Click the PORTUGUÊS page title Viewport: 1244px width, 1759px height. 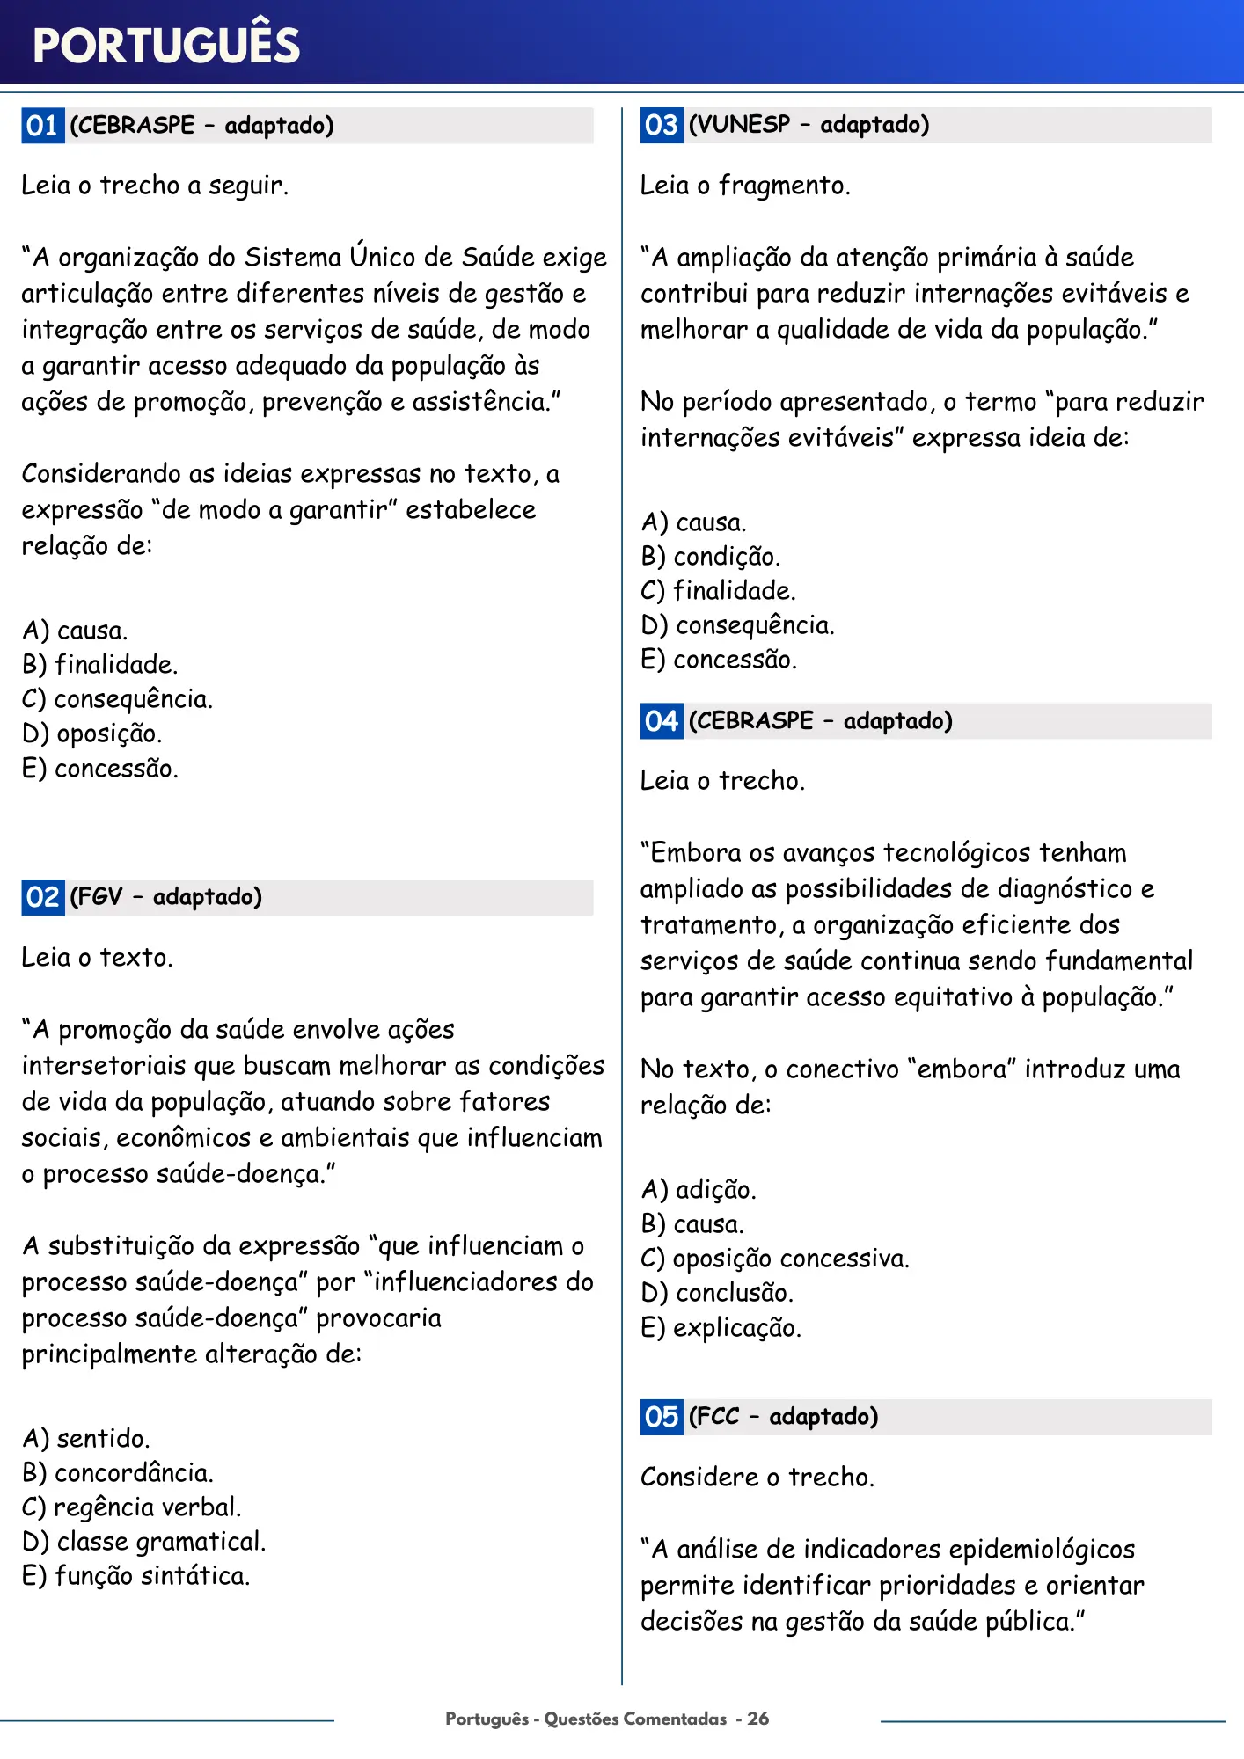click(166, 46)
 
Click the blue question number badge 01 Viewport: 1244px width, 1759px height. click(42, 126)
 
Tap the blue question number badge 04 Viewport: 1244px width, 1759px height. click(662, 721)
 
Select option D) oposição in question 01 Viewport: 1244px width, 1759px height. click(91, 734)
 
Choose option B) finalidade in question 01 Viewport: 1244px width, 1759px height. click(99, 665)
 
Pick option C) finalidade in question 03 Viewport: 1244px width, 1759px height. click(718, 591)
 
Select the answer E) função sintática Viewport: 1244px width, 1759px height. click(135, 1576)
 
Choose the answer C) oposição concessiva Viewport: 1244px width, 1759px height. click(774, 1259)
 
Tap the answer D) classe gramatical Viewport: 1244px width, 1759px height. click(143, 1542)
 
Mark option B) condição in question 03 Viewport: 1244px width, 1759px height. click(710, 557)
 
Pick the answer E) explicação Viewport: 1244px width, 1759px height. click(721, 1328)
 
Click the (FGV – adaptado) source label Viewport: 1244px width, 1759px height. click(165, 897)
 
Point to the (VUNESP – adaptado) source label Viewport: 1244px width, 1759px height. click(809, 125)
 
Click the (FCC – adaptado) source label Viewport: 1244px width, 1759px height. click(783, 1417)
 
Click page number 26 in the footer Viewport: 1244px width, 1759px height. click(758, 1719)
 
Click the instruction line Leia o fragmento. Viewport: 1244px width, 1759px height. click(745, 186)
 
